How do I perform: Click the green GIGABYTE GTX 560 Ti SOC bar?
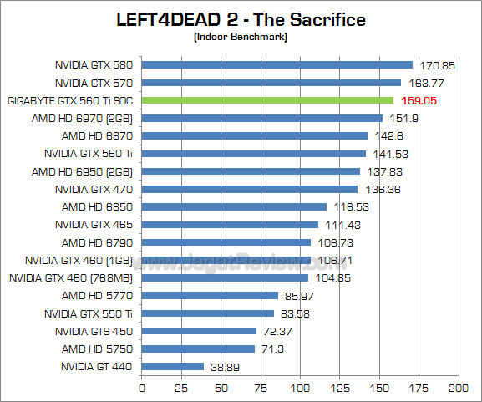267,100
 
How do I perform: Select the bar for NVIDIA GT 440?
173,366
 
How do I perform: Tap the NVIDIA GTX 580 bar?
277,64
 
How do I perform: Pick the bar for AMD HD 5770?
210,295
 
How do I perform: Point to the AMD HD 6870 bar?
255,135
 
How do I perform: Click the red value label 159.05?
416,100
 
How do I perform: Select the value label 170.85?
434,64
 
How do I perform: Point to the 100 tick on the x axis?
300,389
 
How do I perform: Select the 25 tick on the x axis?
181,389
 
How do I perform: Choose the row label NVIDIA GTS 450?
94,331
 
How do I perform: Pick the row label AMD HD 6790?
99,242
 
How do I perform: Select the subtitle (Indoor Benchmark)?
241,38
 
